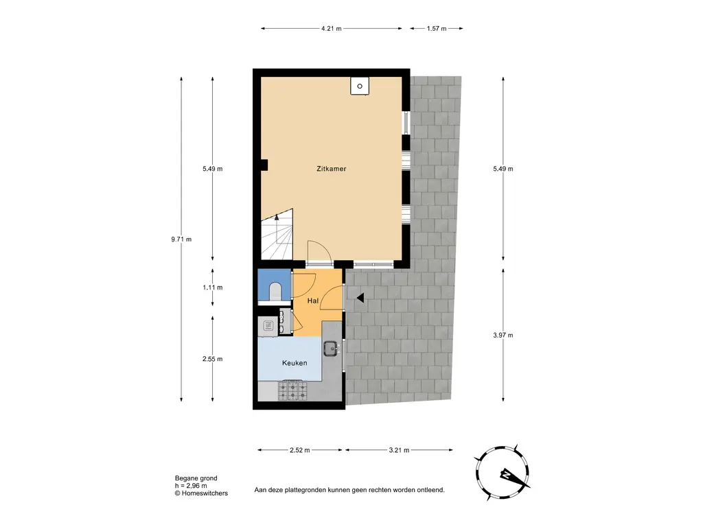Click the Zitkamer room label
pos(332,169)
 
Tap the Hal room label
pos(313,301)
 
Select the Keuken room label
pos(295,363)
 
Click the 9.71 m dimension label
pos(181,239)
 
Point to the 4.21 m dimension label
pos(332,29)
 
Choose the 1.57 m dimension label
pos(436,29)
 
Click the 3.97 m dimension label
pos(503,335)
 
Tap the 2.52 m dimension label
pos(299,450)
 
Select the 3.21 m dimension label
pos(399,450)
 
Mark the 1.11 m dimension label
pos(213,288)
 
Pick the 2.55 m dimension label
pos(213,359)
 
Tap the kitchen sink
pos(331,348)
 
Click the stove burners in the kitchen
pos(293,390)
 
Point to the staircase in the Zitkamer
pos(277,235)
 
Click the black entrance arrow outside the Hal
pos(360,298)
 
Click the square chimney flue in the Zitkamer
pos(360,86)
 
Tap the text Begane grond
pos(196,478)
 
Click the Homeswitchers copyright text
pos(201,493)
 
